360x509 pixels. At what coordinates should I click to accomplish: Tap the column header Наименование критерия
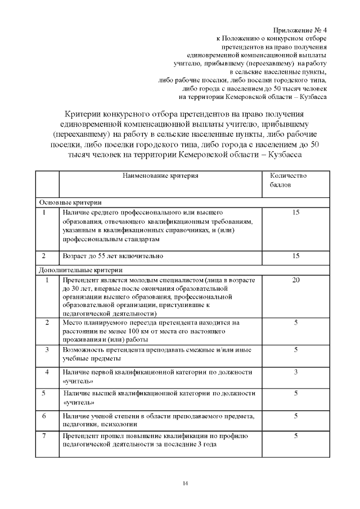[161, 176]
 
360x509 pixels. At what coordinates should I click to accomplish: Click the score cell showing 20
[296, 280]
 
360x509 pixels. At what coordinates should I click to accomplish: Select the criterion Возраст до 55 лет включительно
[113, 256]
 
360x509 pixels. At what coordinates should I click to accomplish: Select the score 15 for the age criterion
[296, 256]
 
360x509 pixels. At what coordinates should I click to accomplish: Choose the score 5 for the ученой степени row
[296, 416]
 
